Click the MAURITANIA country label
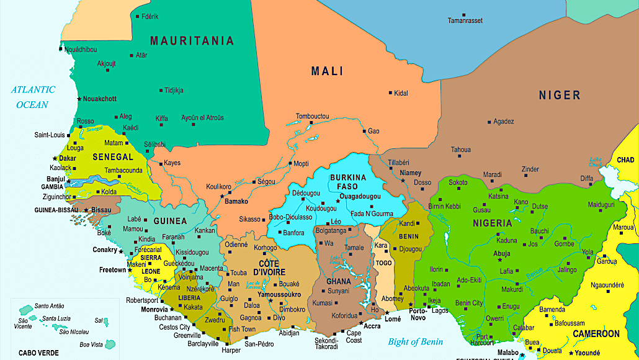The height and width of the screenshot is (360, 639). [192, 41]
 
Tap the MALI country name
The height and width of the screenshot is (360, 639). [327, 71]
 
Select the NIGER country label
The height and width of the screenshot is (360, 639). [559, 95]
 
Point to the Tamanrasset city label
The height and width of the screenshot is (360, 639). [465, 21]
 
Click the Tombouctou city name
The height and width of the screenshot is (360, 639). [312, 117]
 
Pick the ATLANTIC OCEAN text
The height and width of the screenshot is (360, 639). [33, 97]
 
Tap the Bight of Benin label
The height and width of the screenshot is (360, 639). [416, 341]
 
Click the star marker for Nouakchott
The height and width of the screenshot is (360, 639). [79, 99]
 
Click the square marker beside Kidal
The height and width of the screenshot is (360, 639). [390, 93]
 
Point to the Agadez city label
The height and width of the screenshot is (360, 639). [503, 122]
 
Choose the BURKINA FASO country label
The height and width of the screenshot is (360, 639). [348, 182]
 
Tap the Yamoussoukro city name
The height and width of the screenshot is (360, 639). [279, 294]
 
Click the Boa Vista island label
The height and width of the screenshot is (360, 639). [91, 344]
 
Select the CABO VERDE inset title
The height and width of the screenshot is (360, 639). [38, 353]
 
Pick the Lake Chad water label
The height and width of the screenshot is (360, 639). [596, 162]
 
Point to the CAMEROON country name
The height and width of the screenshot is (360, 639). [596, 334]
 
